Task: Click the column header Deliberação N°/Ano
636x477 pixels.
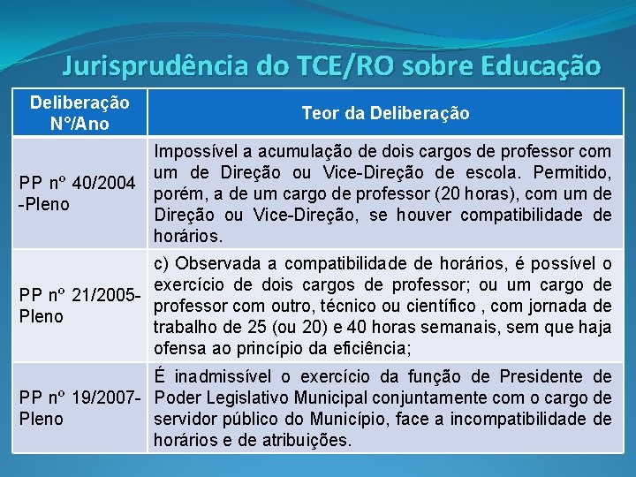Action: (79, 113)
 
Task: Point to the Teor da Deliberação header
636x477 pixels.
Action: (385, 113)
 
